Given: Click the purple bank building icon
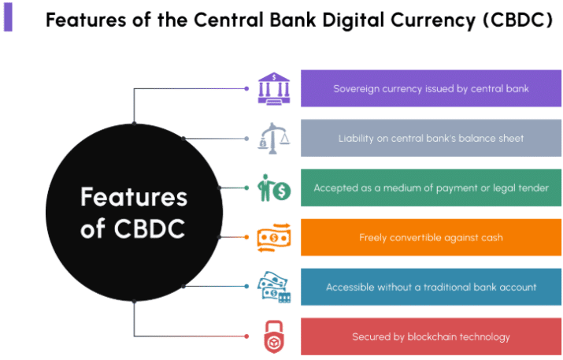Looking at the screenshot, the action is (x=273, y=88).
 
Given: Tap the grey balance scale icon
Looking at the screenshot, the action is (x=273, y=139).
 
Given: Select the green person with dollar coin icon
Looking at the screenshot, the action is (x=273, y=188).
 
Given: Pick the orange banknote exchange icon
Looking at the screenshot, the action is (x=273, y=237).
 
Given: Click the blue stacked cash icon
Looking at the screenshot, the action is (x=273, y=287).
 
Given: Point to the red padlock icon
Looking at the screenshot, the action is (x=273, y=336).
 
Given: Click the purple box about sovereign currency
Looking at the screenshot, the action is (x=431, y=88).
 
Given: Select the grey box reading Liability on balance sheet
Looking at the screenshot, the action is (x=431, y=139).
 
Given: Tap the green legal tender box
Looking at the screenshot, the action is (x=431, y=188).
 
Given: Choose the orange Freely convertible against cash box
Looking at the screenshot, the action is (x=431, y=237).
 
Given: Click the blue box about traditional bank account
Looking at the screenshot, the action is (x=431, y=287).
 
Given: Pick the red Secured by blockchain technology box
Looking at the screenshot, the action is (x=431, y=336).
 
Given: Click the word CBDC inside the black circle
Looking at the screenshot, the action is (x=150, y=228).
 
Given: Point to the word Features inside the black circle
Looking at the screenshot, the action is (x=134, y=197).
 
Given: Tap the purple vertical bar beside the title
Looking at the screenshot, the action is (x=8, y=17).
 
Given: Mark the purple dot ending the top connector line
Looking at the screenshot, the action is (x=246, y=88).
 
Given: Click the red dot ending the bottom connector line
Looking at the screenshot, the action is (x=246, y=336).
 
